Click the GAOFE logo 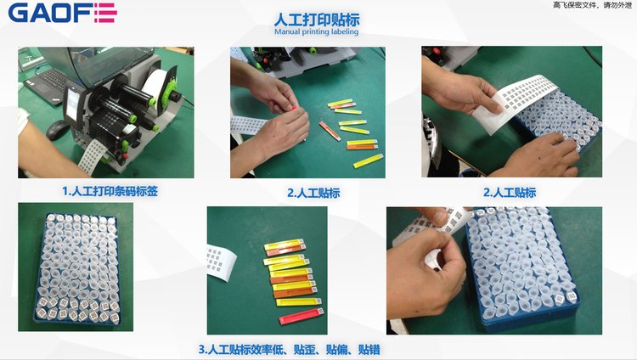pyautogui.click(x=63, y=14)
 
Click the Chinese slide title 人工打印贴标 pyautogui.click(x=317, y=19)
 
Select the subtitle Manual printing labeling pyautogui.click(x=317, y=31)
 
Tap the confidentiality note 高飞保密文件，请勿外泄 pyautogui.click(x=592, y=5)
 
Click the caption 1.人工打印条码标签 pyautogui.click(x=110, y=191)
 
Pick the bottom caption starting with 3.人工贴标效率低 pyautogui.click(x=290, y=349)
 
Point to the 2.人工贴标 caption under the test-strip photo pyautogui.click(x=313, y=193)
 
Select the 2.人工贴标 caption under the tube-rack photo pyautogui.click(x=510, y=192)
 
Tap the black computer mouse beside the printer pyautogui.click(x=57, y=129)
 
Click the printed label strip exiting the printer pyautogui.click(x=93, y=155)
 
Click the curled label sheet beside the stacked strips pyautogui.click(x=222, y=262)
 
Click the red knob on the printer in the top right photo pyautogui.click(x=437, y=52)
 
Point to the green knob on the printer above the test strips pyautogui.click(x=313, y=51)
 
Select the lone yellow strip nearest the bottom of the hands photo pyautogui.click(x=368, y=161)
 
